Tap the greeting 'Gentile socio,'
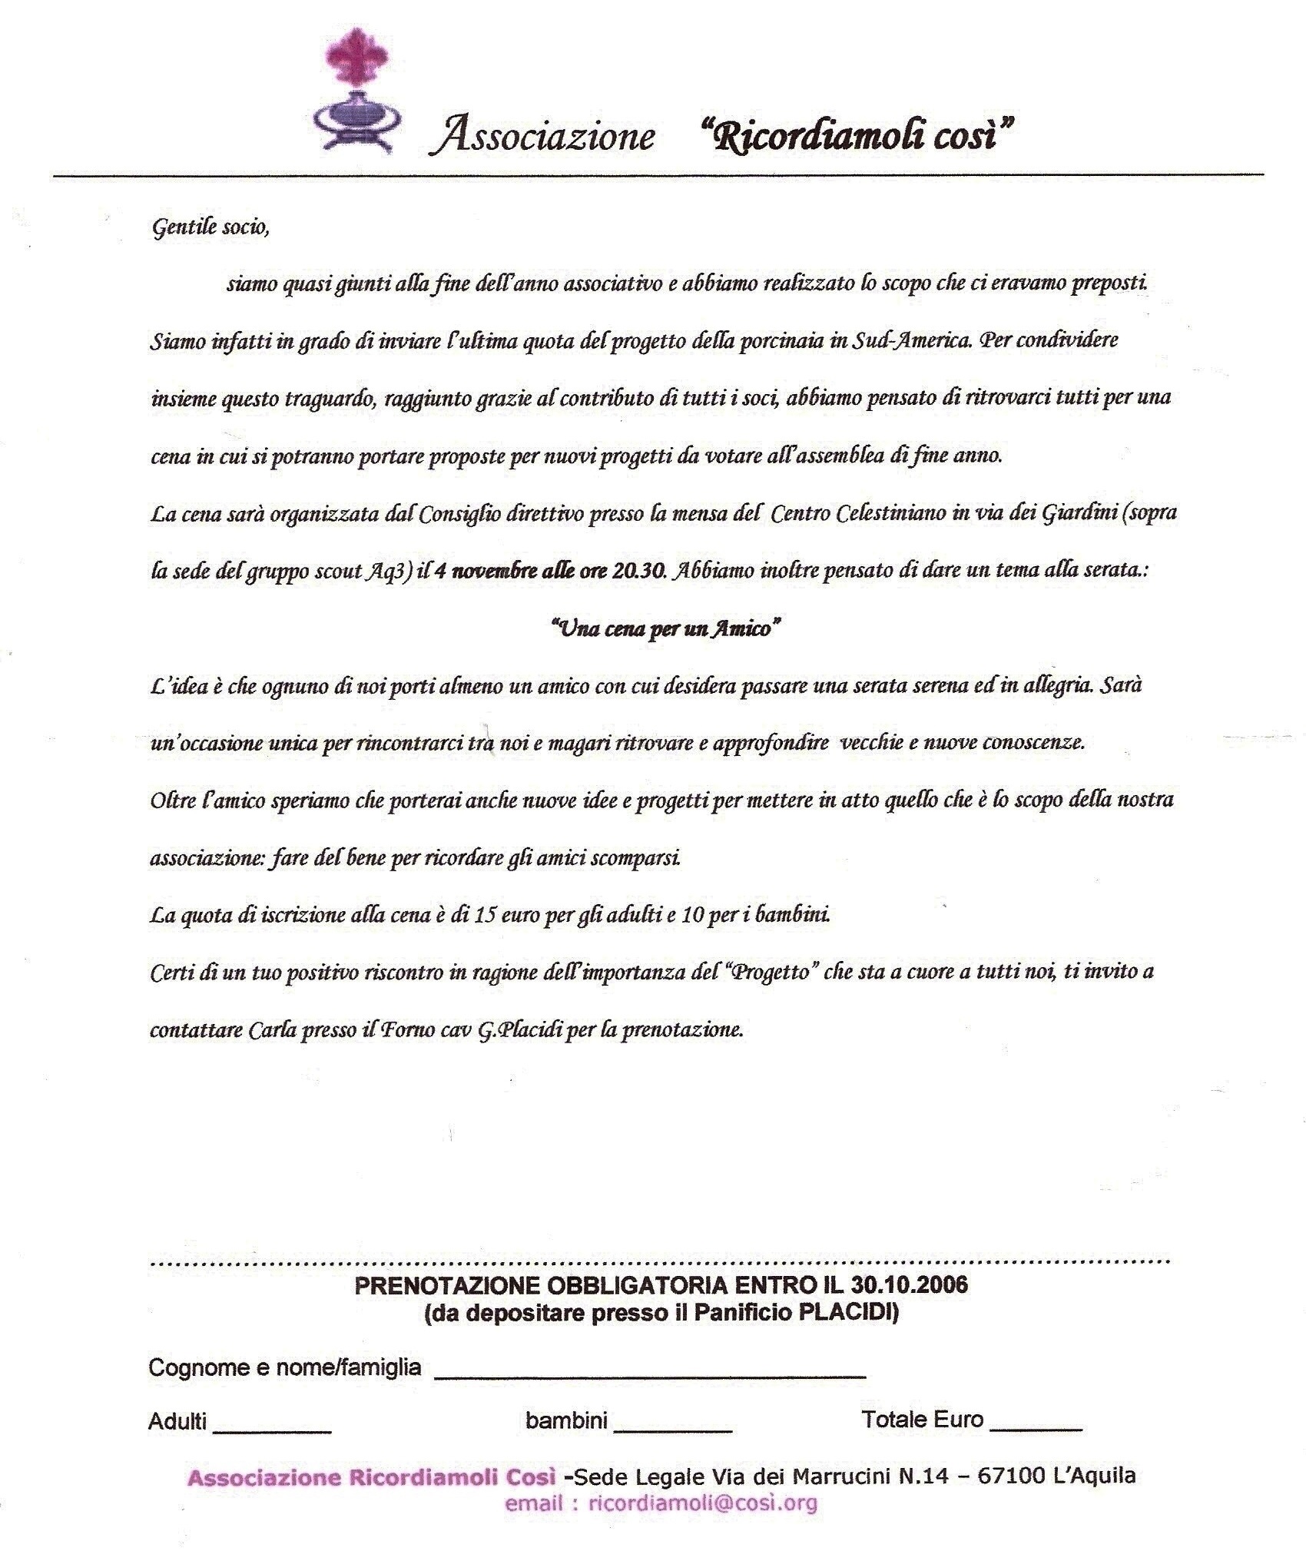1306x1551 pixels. coord(210,227)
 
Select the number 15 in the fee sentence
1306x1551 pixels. coord(486,915)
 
